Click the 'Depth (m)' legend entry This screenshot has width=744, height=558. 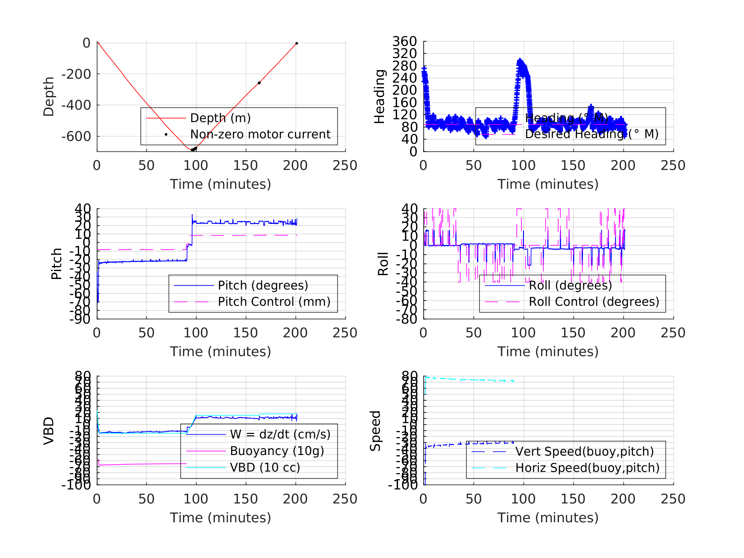pos(220,118)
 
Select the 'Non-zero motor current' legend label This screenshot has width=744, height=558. pos(260,135)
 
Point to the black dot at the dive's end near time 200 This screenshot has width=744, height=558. pos(296,43)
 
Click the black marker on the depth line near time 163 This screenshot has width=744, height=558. pos(259,83)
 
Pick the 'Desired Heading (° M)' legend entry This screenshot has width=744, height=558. pos(591,134)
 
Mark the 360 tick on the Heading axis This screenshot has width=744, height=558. pos(404,41)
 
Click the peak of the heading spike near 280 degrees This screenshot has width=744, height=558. pos(520,60)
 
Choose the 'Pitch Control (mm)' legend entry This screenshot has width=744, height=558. pos(274,302)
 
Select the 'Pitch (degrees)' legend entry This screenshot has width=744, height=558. pos(263,285)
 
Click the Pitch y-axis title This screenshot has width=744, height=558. pos(56,264)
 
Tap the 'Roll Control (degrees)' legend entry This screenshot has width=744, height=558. pos(594,302)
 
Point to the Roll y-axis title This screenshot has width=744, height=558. pos(383,264)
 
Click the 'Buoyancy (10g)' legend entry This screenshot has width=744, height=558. pos(277,451)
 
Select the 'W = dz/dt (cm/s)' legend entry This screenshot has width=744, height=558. pos(280,434)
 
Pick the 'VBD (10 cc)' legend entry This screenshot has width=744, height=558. pos(265,467)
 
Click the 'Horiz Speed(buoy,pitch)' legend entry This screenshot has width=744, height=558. pos(587,467)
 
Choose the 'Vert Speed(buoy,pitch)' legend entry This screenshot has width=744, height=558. pos(584,452)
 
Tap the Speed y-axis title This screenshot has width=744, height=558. pos(375,430)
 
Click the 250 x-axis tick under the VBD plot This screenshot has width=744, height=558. pos(345,499)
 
